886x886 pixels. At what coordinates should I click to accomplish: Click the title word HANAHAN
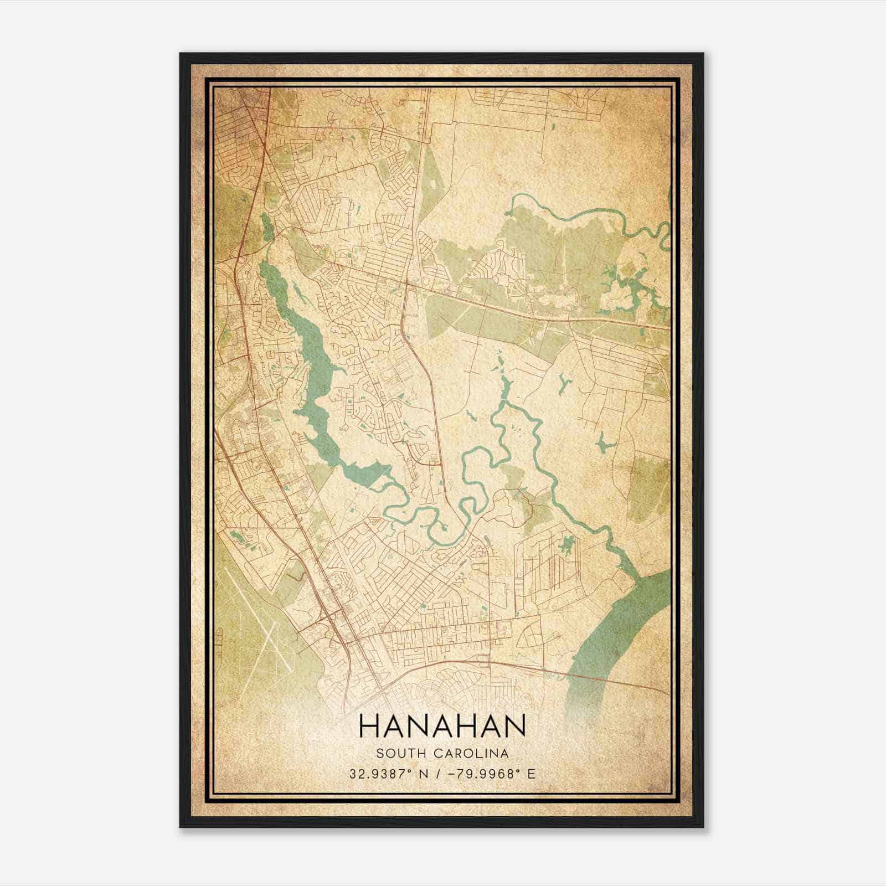coord(442,725)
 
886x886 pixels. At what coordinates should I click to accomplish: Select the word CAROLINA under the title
coord(472,754)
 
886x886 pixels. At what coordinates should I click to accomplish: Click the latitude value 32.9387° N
coord(385,774)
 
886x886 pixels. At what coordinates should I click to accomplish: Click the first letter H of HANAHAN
coord(368,725)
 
